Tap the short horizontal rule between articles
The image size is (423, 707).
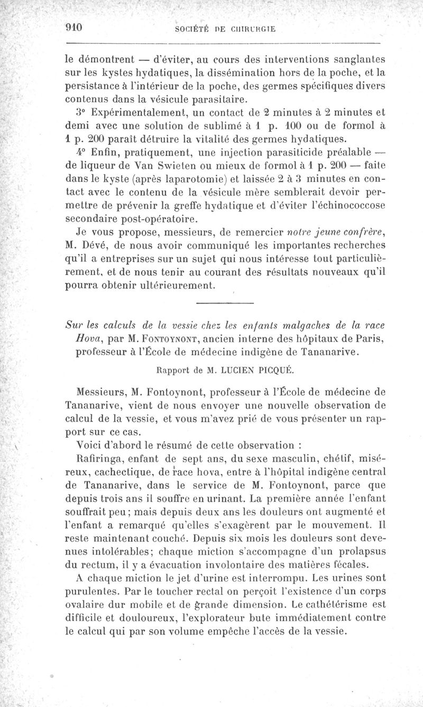(x=225, y=303)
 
